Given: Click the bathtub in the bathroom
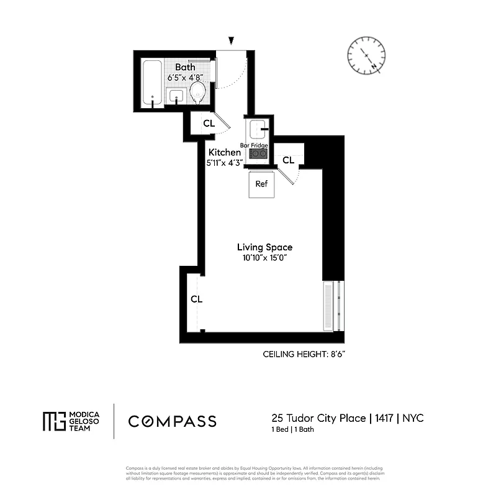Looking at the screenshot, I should (x=152, y=83).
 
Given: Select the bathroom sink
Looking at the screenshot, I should (x=176, y=96).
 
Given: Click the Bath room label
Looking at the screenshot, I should (x=185, y=67).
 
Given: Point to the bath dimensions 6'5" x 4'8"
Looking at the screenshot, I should (x=185, y=78).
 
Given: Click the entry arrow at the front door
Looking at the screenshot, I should (x=232, y=41).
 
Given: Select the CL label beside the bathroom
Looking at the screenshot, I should (x=209, y=124).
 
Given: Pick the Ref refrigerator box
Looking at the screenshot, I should (x=261, y=185).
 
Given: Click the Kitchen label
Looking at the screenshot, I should (x=224, y=152).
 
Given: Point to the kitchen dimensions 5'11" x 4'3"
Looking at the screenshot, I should (x=224, y=163).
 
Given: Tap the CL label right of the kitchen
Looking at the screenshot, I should (x=288, y=160).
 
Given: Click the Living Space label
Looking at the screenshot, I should (x=265, y=247).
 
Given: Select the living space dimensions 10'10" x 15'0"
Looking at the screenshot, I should (x=265, y=258).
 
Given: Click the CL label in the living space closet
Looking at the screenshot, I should (x=196, y=299).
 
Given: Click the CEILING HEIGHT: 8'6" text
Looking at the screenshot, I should (x=304, y=354).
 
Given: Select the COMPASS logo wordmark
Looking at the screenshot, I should (x=173, y=421).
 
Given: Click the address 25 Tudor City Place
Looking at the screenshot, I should (x=318, y=418).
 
